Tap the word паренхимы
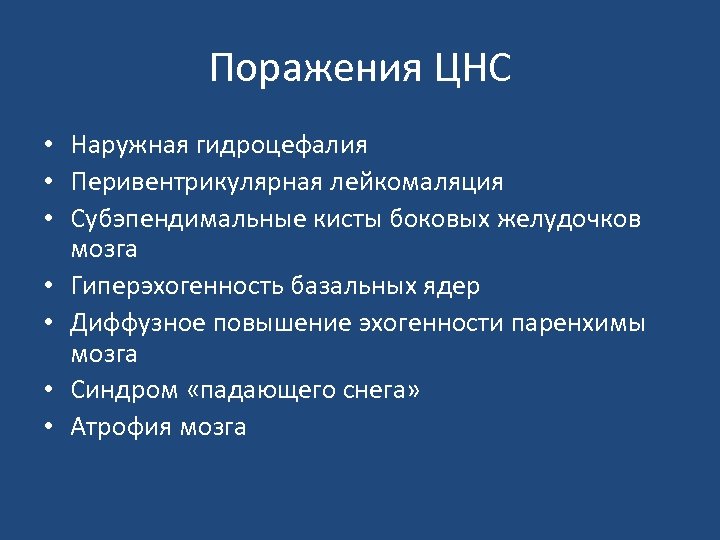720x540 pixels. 578,323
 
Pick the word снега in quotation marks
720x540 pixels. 379,391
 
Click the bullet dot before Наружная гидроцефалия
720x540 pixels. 48,147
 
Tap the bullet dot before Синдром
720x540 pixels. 48,392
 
